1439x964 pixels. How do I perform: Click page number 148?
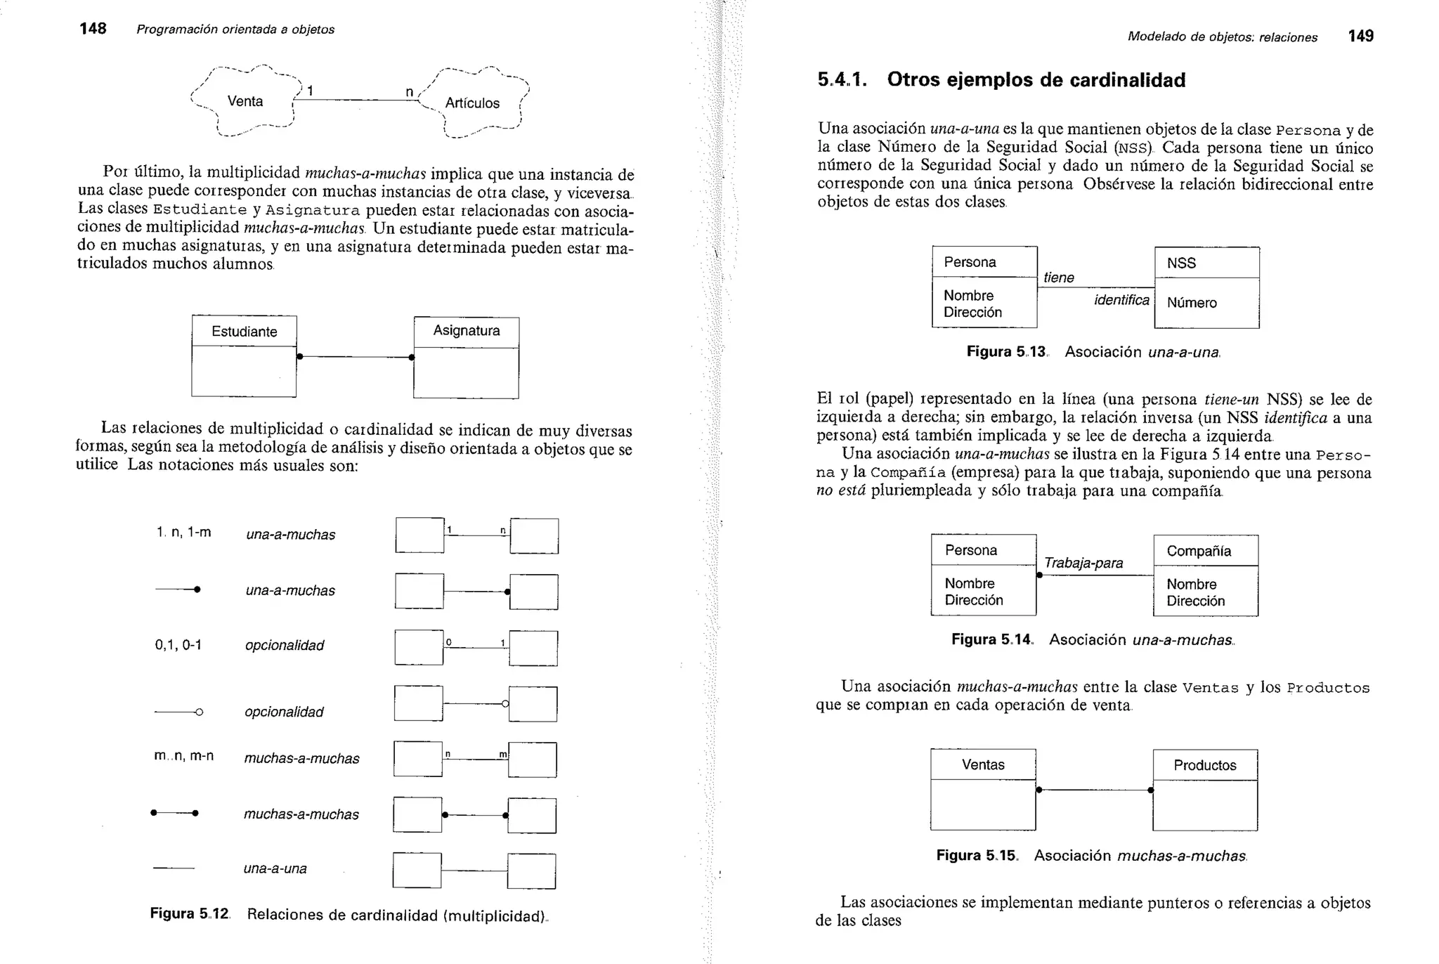[93, 29]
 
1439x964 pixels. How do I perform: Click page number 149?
[1360, 37]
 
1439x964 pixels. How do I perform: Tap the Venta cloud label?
[245, 101]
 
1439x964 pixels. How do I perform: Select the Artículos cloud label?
[472, 103]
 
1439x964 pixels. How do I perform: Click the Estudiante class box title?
[244, 332]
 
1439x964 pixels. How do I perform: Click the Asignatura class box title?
[467, 331]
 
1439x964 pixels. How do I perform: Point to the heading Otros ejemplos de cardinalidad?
[1036, 80]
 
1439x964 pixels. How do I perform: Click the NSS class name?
[1181, 263]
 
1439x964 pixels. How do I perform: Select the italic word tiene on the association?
[1058, 278]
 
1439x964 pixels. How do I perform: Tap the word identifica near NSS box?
[1121, 300]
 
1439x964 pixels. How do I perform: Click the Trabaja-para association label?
[1083, 563]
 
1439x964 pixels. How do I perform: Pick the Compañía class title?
[1199, 552]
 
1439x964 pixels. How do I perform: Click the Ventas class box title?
[983, 765]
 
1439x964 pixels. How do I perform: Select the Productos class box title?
[1204, 766]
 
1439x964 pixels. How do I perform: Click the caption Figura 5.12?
[190, 914]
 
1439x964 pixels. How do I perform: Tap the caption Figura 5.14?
[991, 640]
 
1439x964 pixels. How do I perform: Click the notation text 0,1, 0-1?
[178, 645]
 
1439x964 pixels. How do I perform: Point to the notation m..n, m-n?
[183, 756]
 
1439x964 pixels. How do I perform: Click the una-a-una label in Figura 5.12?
[275, 868]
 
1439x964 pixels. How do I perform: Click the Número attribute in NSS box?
[1192, 303]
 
